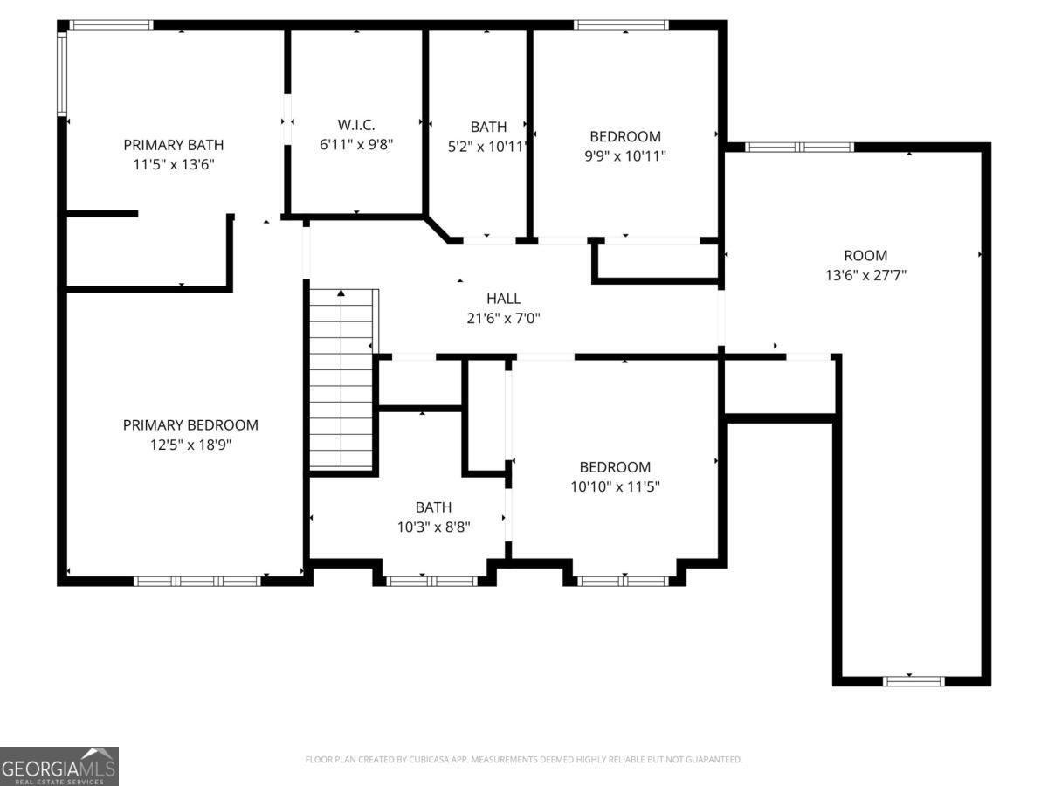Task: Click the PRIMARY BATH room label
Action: pyautogui.click(x=173, y=145)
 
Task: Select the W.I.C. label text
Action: pyautogui.click(x=356, y=125)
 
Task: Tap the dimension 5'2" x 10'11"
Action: pyautogui.click(x=488, y=147)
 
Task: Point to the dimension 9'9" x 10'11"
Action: pyautogui.click(x=625, y=156)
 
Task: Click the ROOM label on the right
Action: pyautogui.click(x=865, y=256)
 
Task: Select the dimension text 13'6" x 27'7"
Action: pyautogui.click(x=865, y=275)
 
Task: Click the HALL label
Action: pyautogui.click(x=504, y=299)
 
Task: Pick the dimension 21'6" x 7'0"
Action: pyautogui.click(x=504, y=319)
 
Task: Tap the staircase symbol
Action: pyautogui.click(x=343, y=380)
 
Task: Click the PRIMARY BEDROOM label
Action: pyautogui.click(x=190, y=425)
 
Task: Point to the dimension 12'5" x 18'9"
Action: pyautogui.click(x=190, y=445)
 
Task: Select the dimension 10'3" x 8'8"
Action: pyautogui.click(x=433, y=526)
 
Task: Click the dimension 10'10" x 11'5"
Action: pyautogui.click(x=615, y=486)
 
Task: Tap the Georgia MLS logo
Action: pyautogui.click(x=59, y=766)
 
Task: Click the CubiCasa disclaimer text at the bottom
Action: pyautogui.click(x=524, y=760)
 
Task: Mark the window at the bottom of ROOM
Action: pyautogui.click(x=914, y=680)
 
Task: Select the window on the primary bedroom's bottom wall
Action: pyautogui.click(x=197, y=581)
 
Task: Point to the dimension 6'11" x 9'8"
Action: pyautogui.click(x=356, y=145)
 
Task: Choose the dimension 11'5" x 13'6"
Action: pyautogui.click(x=173, y=164)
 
